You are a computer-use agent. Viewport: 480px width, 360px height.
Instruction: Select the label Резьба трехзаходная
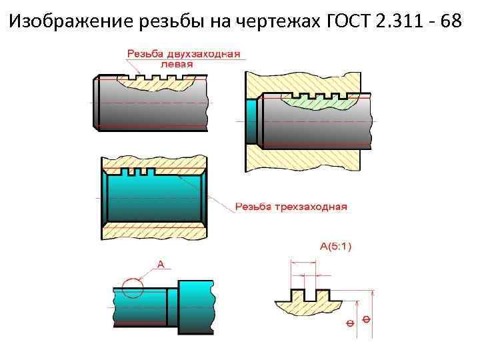[291, 207]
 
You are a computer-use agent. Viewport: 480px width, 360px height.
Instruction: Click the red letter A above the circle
[160, 265]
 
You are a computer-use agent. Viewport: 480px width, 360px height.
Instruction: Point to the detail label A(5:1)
[336, 246]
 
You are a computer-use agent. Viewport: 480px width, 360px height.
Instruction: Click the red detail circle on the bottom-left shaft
[132, 289]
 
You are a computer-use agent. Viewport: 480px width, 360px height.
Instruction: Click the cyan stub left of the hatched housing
[251, 121]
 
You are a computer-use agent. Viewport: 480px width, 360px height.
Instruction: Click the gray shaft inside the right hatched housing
[313, 130]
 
